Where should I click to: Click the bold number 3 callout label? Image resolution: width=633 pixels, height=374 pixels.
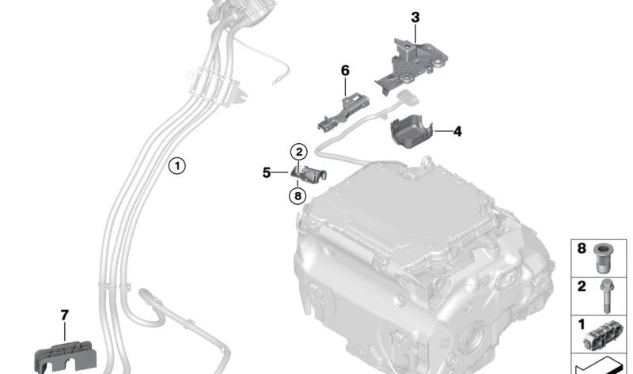click(x=415, y=17)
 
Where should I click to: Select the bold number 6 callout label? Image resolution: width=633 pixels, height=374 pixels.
click(x=345, y=70)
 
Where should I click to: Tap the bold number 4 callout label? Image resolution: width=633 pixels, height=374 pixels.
click(x=457, y=131)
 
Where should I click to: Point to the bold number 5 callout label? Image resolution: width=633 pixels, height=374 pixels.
click(x=267, y=172)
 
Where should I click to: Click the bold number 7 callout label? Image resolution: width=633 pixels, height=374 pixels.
click(x=65, y=315)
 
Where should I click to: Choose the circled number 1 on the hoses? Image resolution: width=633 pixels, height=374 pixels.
click(x=176, y=166)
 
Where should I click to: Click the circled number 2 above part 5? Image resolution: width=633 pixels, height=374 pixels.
click(x=299, y=152)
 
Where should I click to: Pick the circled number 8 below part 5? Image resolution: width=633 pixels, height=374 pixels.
click(x=298, y=196)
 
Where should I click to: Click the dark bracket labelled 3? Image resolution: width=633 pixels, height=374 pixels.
click(x=411, y=66)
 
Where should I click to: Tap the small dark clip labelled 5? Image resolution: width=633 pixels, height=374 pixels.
click(x=309, y=174)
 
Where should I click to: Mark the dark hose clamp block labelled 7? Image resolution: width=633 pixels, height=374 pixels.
click(x=66, y=357)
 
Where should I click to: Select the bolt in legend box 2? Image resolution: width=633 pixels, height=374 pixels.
click(x=605, y=297)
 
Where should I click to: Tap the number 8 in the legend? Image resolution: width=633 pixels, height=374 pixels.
click(x=582, y=248)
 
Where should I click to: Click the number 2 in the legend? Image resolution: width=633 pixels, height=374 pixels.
click(x=582, y=286)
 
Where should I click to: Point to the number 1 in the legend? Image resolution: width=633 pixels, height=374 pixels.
click(x=582, y=324)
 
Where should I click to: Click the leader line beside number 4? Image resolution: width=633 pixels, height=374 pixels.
click(x=443, y=130)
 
